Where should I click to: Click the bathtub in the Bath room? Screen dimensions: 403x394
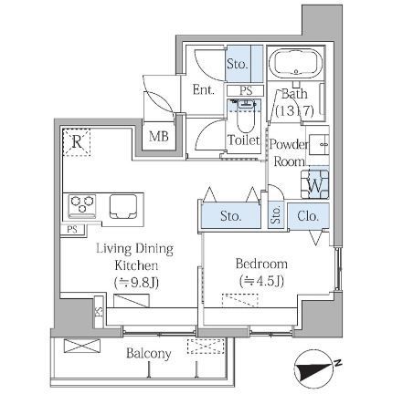click(x=295, y=64)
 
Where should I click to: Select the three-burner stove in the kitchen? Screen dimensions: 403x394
click(x=82, y=206)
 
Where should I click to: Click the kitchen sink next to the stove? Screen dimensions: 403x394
click(x=123, y=207)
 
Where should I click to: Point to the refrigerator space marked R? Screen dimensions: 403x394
click(x=77, y=142)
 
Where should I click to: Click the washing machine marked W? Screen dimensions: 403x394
click(x=315, y=184)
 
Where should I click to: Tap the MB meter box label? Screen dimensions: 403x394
click(x=159, y=137)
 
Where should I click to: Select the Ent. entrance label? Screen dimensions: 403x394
click(x=203, y=89)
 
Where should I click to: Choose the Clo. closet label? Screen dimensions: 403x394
click(x=308, y=216)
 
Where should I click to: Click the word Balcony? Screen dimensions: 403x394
click(x=149, y=354)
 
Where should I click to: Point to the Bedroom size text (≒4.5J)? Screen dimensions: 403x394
click(x=261, y=281)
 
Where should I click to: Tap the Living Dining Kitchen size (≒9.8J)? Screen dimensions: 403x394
click(x=136, y=283)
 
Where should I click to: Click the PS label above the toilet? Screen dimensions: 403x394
click(x=246, y=91)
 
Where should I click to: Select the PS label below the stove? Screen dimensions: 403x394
click(x=72, y=229)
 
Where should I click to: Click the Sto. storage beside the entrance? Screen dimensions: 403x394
click(x=237, y=64)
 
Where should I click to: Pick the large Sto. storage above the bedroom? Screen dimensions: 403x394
click(x=230, y=216)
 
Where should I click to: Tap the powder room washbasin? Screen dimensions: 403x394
click(x=319, y=145)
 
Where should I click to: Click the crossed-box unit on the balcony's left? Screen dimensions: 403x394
click(x=82, y=346)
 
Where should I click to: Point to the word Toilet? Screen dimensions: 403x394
click(x=244, y=140)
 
